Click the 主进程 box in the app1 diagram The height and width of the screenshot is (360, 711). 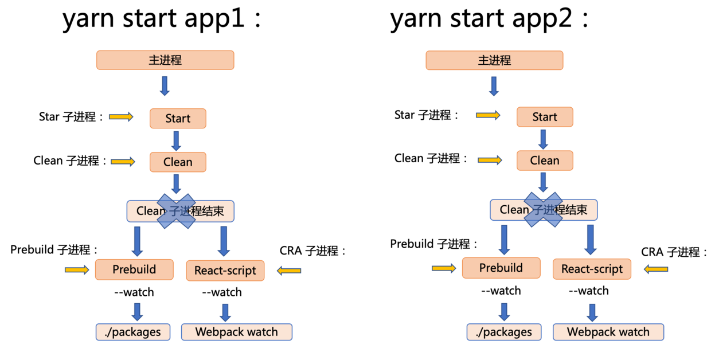pyautogui.click(x=165, y=60)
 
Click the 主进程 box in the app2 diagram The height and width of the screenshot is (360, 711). pyautogui.click(x=494, y=60)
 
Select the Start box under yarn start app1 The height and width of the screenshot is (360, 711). pyautogui.click(x=178, y=118)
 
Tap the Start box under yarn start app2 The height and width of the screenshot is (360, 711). pyautogui.click(x=545, y=117)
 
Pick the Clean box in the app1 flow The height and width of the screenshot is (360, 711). pyautogui.click(x=178, y=162)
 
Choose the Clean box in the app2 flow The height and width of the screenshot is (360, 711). pyautogui.click(x=545, y=161)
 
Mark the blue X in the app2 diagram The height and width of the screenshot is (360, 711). pyautogui.click(x=543, y=210)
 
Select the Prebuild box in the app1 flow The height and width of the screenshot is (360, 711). pyautogui.click(x=134, y=269)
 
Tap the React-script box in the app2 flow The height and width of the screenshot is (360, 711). pyautogui.click(x=592, y=269)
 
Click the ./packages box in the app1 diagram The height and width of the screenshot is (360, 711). pyautogui.click(x=133, y=332)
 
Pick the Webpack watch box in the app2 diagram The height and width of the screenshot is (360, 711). pyautogui.click(x=608, y=332)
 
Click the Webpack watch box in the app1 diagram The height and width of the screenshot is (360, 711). pyautogui.click(x=236, y=332)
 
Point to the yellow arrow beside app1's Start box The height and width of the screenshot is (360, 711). pyautogui.click(x=121, y=117)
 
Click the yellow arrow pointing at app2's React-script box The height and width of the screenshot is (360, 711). pyautogui.click(x=656, y=269)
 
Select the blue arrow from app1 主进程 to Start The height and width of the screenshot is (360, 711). pyautogui.click(x=165, y=86)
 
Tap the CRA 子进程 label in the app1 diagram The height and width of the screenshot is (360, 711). pyautogui.click(x=313, y=251)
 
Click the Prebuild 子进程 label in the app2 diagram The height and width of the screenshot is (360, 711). pyautogui.click(x=434, y=244)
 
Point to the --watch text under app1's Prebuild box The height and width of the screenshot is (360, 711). pyautogui.click(x=134, y=292)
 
